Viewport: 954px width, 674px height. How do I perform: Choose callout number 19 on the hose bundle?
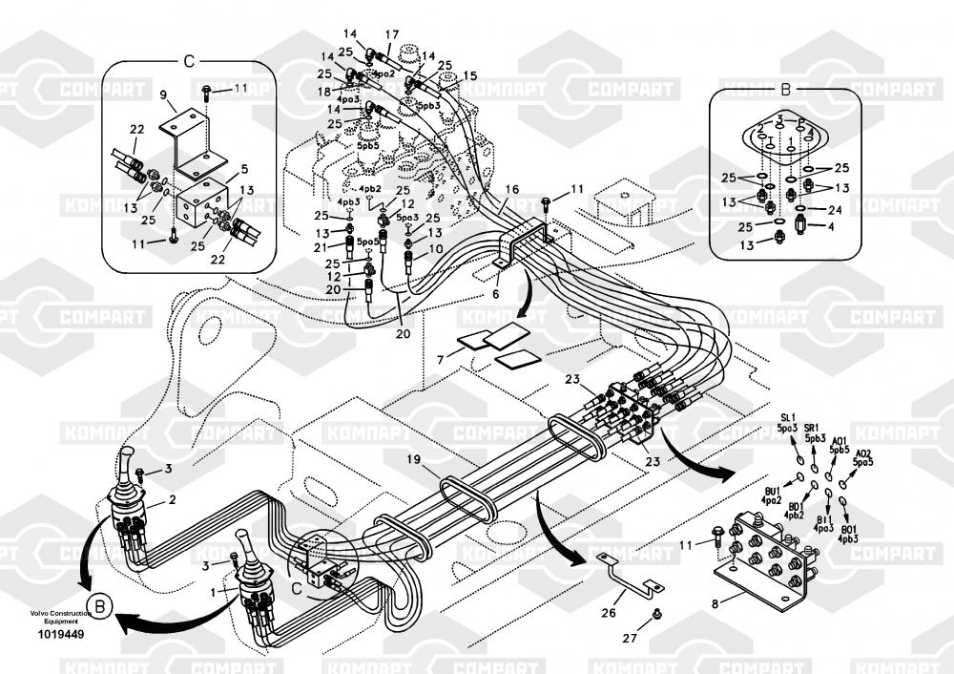(x=412, y=459)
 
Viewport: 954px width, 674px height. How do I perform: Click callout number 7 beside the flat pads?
(x=440, y=359)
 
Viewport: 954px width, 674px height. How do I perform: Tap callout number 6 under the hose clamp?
(x=495, y=294)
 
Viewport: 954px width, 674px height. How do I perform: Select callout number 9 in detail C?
(x=163, y=95)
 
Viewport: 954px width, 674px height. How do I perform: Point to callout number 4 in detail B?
(x=831, y=226)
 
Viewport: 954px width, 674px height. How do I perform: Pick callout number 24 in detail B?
(x=835, y=209)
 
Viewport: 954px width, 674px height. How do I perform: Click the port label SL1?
(x=787, y=417)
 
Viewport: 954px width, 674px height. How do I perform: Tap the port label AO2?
(x=862, y=454)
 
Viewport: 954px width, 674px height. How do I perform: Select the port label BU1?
(x=771, y=490)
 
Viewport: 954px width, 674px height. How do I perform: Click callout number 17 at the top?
(x=391, y=35)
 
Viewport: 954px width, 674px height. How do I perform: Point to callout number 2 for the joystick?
(x=172, y=498)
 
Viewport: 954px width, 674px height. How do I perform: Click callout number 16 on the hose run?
(x=512, y=190)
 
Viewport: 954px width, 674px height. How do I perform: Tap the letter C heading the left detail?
(x=188, y=62)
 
